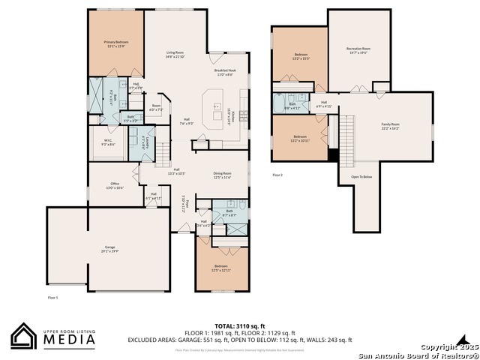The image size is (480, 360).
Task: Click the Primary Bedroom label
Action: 115,43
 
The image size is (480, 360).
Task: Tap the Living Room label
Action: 175,54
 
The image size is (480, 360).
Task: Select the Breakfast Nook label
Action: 225,73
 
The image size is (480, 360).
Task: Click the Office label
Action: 115,185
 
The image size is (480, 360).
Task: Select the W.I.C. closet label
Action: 108,142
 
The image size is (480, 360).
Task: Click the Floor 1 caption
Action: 52,298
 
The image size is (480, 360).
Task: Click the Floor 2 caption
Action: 277,175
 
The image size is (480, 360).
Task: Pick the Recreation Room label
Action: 358,50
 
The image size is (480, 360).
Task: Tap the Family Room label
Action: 391,126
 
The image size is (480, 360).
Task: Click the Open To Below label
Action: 361,177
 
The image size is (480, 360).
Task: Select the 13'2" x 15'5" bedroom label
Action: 300,55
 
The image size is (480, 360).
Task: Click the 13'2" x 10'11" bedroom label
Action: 300,138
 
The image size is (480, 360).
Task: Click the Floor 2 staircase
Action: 347,134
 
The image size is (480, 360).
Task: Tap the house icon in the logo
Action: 24,336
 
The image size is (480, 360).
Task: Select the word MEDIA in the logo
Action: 67,339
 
